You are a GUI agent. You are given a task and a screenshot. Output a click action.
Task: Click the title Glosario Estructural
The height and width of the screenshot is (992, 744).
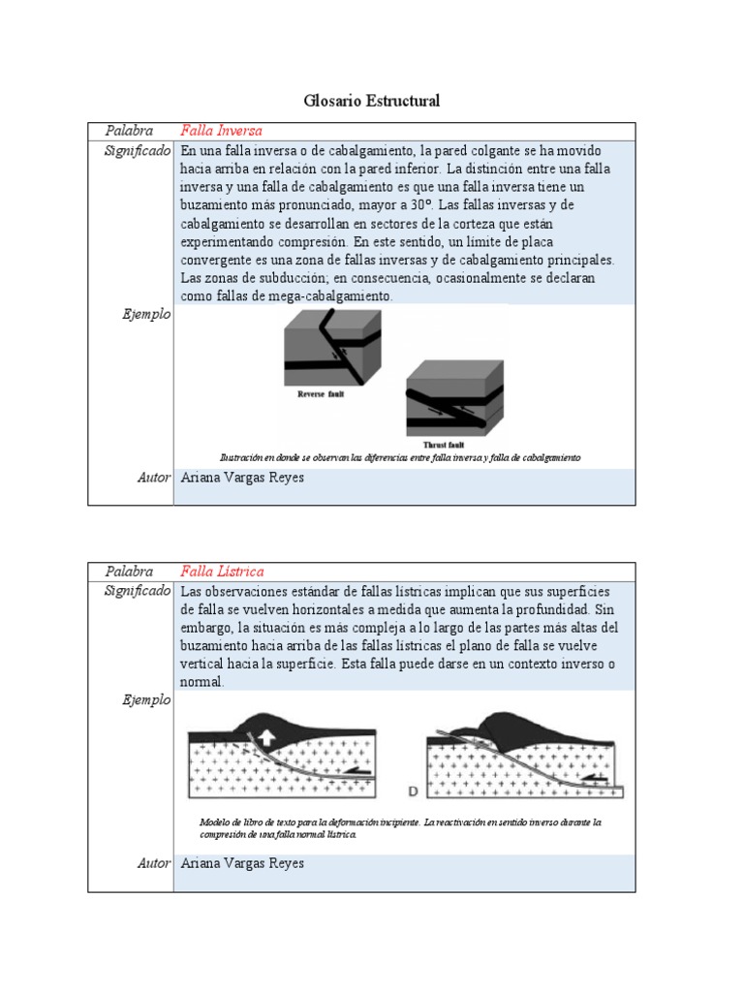[371, 101]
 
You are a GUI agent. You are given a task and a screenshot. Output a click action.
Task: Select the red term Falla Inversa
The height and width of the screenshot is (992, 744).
[221, 131]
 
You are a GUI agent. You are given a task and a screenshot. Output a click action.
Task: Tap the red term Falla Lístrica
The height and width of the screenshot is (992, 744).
[222, 572]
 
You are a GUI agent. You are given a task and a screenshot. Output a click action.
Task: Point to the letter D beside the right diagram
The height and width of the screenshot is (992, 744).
[413, 791]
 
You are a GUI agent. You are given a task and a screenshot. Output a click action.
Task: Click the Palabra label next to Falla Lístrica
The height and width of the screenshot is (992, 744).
[130, 572]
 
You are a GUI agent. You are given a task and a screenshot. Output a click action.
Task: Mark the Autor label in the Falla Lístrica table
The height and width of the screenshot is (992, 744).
[154, 863]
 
